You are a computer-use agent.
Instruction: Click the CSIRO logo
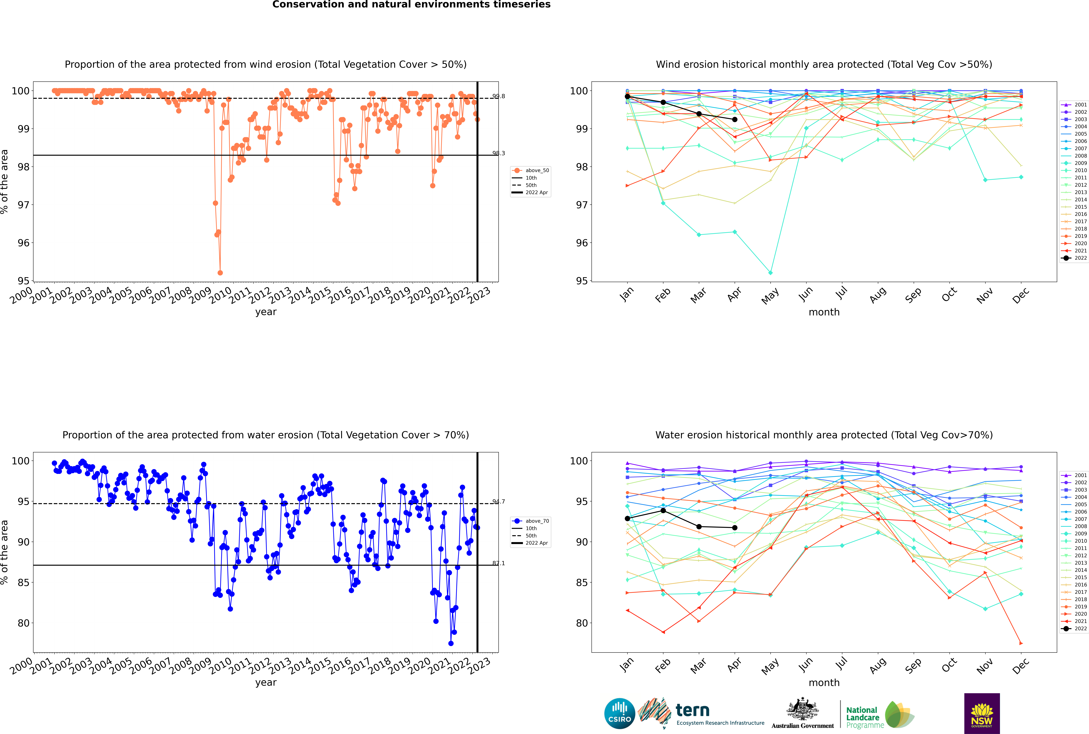619,713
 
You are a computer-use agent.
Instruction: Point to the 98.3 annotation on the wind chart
498,153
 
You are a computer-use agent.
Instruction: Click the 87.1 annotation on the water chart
498,563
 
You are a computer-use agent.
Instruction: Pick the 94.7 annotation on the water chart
498,502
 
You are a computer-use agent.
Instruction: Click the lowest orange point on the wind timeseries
220,272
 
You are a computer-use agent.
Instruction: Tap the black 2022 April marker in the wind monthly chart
735,119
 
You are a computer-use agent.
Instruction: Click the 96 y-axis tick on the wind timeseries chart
23,243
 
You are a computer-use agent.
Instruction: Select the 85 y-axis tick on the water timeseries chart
23,583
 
